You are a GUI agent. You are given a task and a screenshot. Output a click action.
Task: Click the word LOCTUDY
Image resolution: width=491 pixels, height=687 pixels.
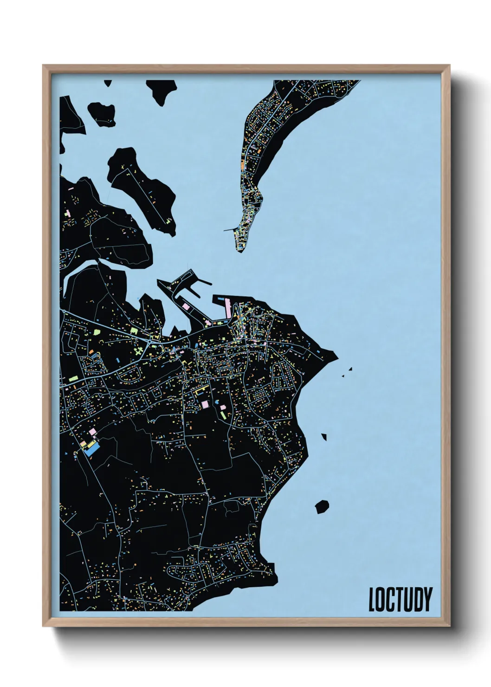pyautogui.click(x=400, y=599)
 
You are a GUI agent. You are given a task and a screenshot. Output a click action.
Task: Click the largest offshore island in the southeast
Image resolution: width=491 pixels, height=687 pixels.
pyautogui.click(x=322, y=507)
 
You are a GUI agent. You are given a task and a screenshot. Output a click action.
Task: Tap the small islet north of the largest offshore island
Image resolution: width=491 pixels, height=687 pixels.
pyautogui.click(x=324, y=436)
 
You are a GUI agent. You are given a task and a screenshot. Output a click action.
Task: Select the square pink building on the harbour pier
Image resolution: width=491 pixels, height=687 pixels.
pyautogui.click(x=187, y=307)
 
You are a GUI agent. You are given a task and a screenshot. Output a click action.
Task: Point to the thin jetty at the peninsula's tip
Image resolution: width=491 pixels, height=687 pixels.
pyautogui.click(x=230, y=229)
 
